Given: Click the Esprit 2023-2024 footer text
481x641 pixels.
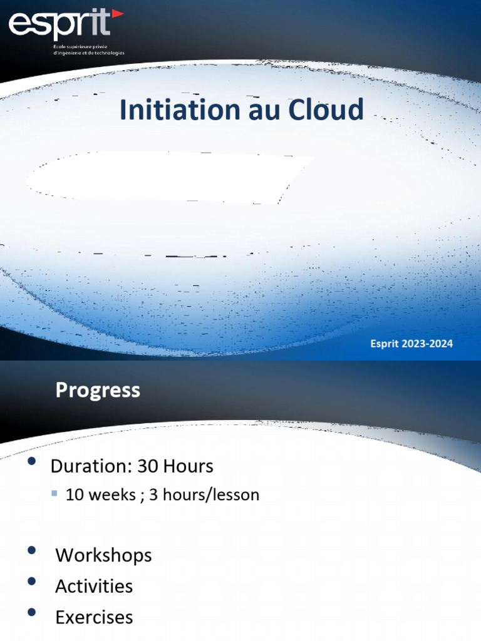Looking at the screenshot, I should point(411,343).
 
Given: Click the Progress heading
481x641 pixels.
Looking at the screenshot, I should point(98,390).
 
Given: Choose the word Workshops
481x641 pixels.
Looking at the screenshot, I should point(103,555).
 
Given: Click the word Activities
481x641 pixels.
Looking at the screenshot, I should point(94,587).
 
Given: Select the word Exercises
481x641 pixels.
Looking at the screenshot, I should point(94,618).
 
